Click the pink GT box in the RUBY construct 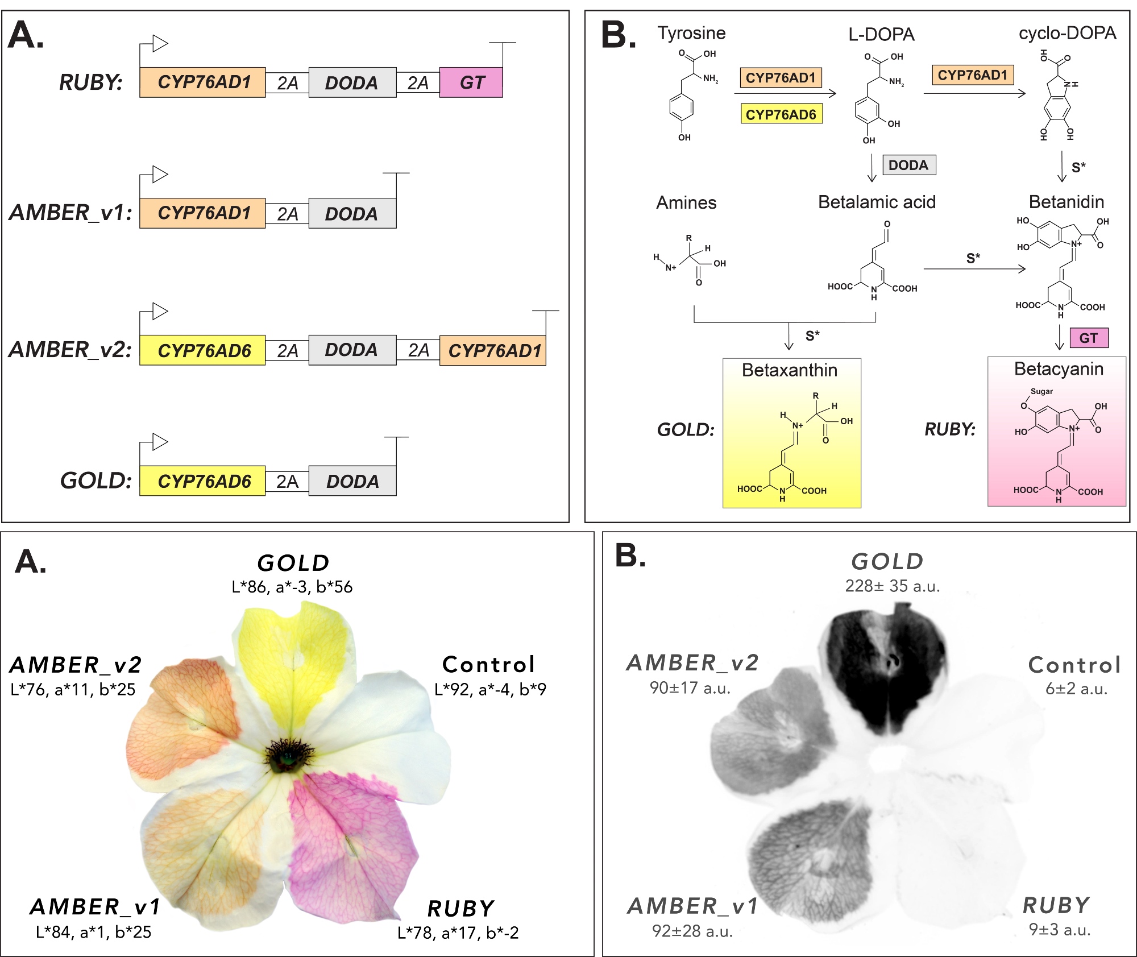pyautogui.click(x=471, y=82)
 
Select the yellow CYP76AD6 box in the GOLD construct pyautogui.click(x=202, y=481)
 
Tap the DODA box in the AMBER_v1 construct pyautogui.click(x=352, y=214)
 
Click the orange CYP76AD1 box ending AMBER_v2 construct pyautogui.click(x=493, y=350)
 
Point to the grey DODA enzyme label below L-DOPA pyautogui.click(x=908, y=165)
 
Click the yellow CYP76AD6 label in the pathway pyautogui.click(x=781, y=114)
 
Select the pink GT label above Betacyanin pyautogui.click(x=1089, y=338)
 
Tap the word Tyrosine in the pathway pyautogui.click(x=691, y=33)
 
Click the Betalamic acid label pyautogui.click(x=877, y=202)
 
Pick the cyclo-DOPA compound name pyautogui.click(x=1067, y=33)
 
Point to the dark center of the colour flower pyautogui.click(x=287, y=755)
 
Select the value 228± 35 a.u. pyautogui.click(x=892, y=586)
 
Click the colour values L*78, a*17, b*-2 pyautogui.click(x=458, y=933)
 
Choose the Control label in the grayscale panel pyautogui.click(x=1074, y=665)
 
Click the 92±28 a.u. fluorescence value pyautogui.click(x=692, y=931)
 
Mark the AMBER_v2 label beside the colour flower pyautogui.click(x=76, y=665)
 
